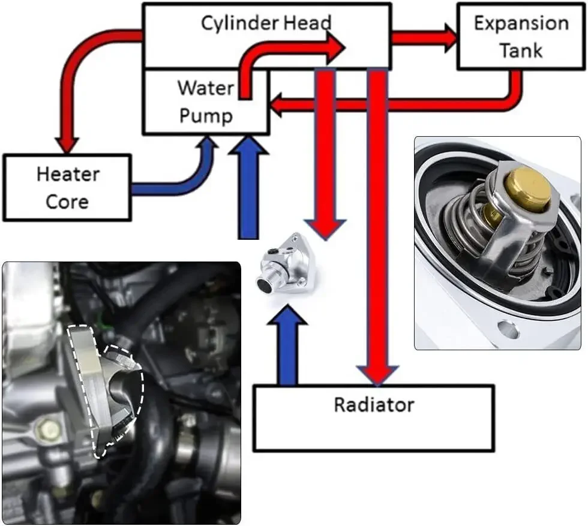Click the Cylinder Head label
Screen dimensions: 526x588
click(x=266, y=23)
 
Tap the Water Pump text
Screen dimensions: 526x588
click(x=205, y=101)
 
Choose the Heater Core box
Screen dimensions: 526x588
click(x=67, y=187)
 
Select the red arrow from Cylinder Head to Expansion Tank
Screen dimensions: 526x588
click(x=424, y=38)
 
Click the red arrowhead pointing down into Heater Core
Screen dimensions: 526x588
click(x=67, y=143)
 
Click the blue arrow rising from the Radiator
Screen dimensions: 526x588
click(x=287, y=348)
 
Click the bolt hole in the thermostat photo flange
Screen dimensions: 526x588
click(x=508, y=329)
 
